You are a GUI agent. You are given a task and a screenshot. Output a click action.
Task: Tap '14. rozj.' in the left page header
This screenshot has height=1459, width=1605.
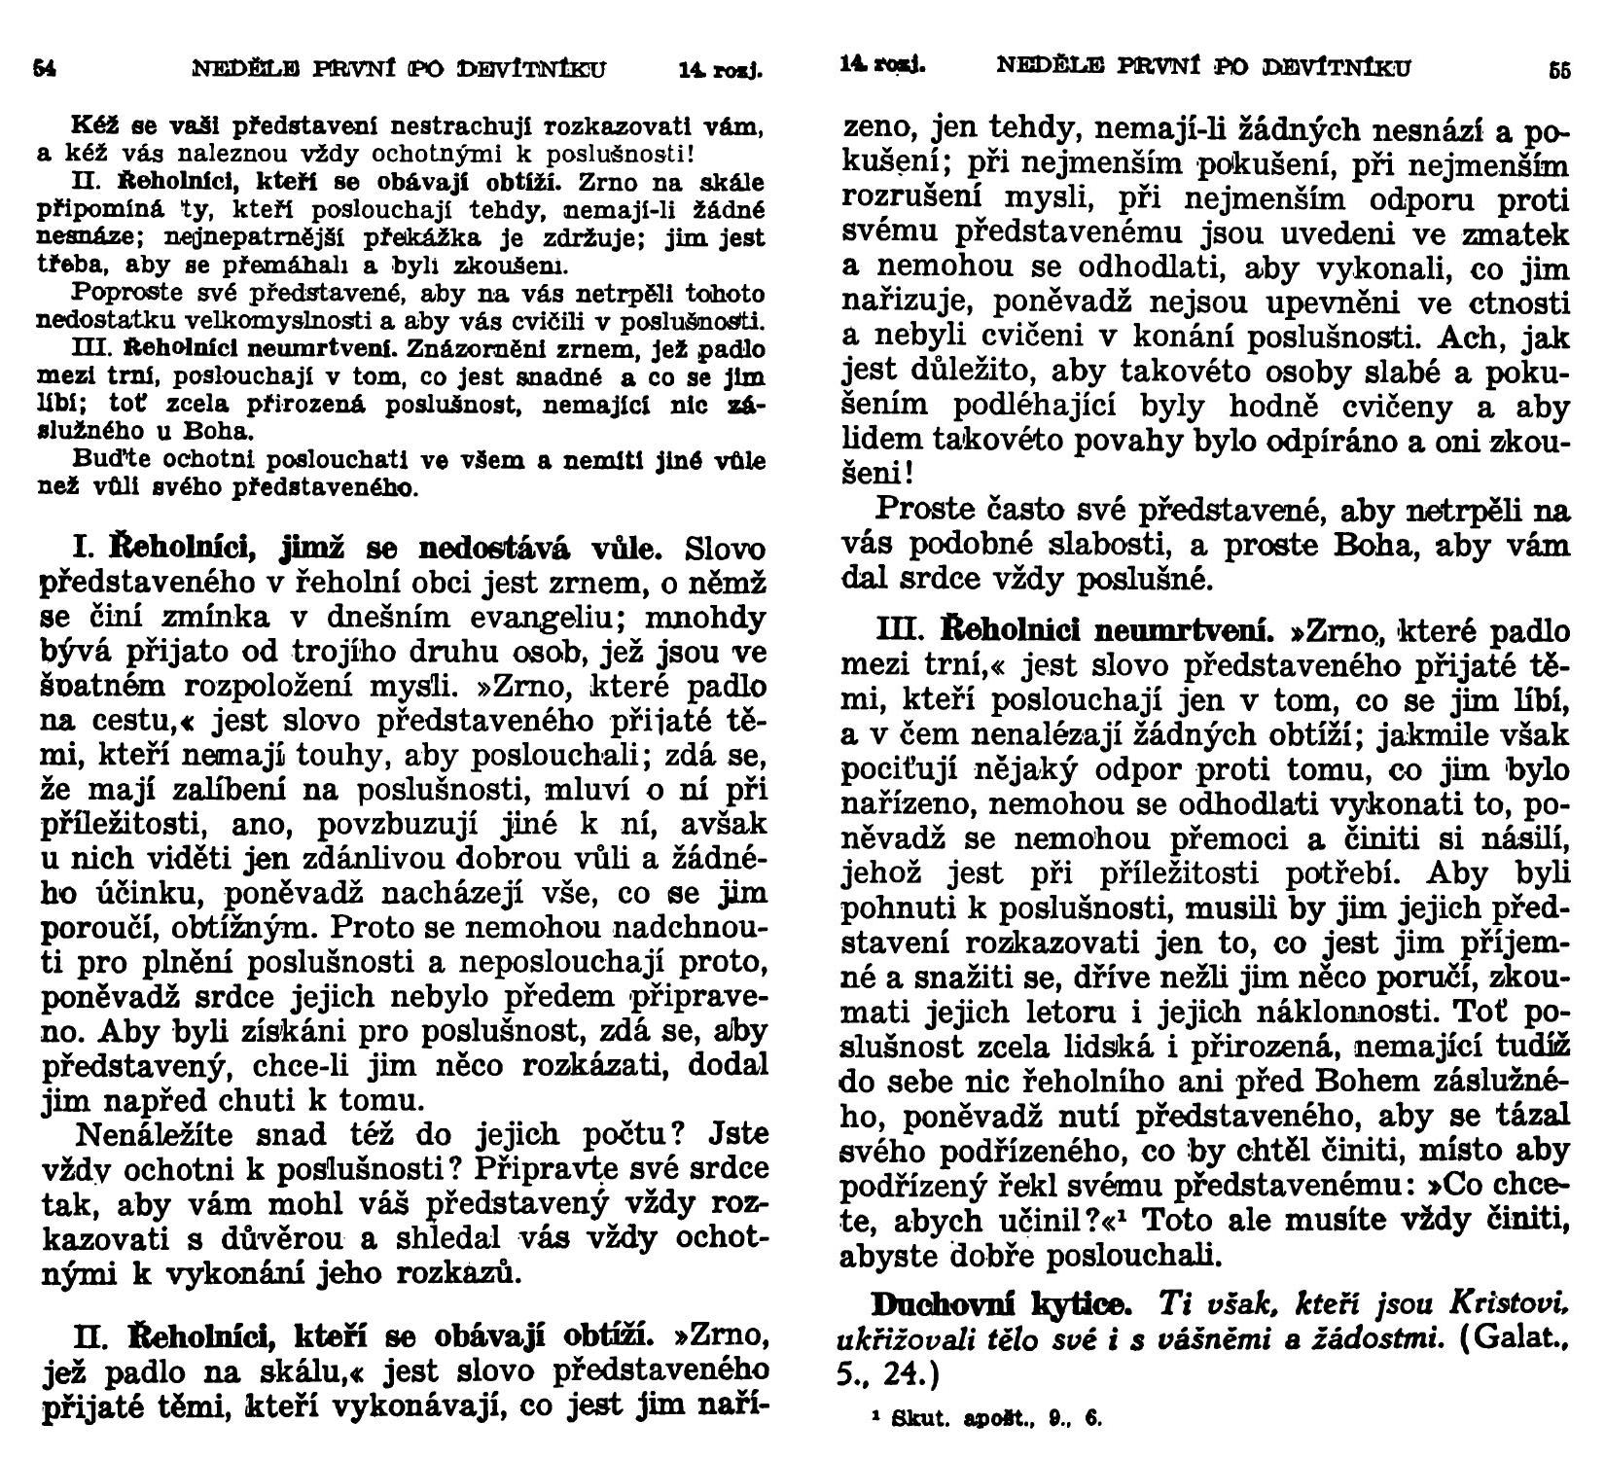pos(719,70)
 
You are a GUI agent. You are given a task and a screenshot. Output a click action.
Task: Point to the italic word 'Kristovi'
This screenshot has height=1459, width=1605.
pos(1507,1303)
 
